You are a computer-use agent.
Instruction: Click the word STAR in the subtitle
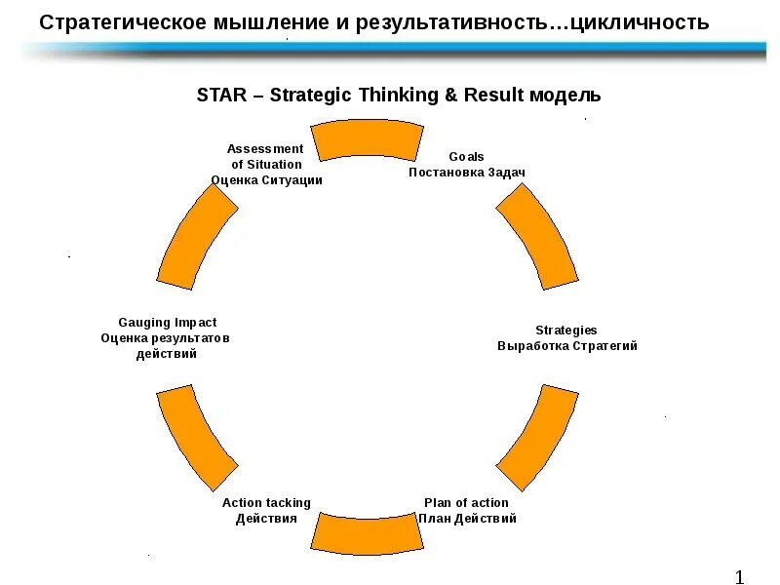click(219, 95)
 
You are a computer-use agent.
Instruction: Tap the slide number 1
click(740, 576)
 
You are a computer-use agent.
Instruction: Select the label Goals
click(466, 156)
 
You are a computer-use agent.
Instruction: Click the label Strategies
click(566, 331)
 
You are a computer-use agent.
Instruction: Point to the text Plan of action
click(466, 503)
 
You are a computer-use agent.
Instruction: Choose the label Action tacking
click(266, 503)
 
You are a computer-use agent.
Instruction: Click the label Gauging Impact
click(167, 323)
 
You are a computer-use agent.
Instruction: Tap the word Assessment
click(265, 149)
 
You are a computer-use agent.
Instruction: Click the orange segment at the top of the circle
click(367, 139)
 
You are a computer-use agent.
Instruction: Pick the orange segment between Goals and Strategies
click(537, 237)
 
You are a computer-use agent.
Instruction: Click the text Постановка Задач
click(466, 172)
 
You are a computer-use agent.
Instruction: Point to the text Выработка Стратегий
click(567, 346)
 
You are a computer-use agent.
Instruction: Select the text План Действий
click(467, 519)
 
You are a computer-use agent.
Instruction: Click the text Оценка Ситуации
click(266, 180)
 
